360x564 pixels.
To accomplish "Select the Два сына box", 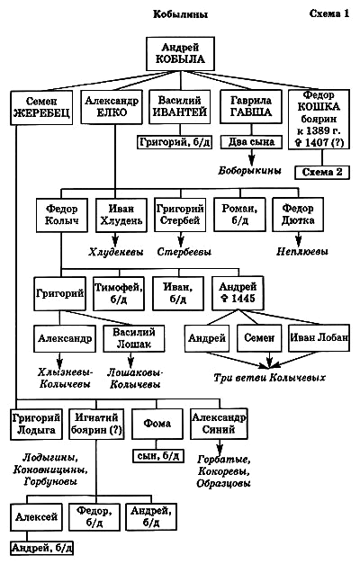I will [247, 142].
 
